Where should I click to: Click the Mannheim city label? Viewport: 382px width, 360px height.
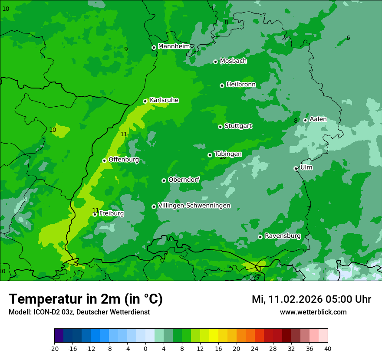(174, 46)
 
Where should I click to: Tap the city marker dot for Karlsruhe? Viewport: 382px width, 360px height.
(145, 101)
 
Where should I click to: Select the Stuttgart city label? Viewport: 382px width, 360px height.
(238, 126)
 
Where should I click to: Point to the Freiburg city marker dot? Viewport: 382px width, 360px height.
(95, 214)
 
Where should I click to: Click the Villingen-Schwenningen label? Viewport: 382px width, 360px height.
(194, 206)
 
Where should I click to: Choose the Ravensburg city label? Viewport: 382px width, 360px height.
(283, 236)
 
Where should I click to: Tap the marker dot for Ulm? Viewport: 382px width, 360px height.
(296, 168)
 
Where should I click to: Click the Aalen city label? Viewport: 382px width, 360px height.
(318, 119)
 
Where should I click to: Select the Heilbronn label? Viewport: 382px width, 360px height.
(241, 85)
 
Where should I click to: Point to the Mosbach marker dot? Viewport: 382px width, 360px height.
(215, 62)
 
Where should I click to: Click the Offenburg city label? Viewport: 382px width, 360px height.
(124, 160)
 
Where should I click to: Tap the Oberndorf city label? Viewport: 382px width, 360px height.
(184, 180)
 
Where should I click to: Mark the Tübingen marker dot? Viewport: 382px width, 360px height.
(210, 155)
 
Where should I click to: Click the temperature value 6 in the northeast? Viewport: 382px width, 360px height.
(348, 38)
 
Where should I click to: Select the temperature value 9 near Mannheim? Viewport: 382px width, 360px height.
(126, 49)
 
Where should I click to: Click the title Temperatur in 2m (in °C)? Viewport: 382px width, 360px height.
(86, 299)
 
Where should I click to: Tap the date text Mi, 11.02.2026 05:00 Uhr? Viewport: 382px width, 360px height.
(311, 299)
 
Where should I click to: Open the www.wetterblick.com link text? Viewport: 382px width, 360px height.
(313, 312)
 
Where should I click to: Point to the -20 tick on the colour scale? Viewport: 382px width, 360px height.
(54, 349)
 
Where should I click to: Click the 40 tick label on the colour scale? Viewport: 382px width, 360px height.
(328, 349)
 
